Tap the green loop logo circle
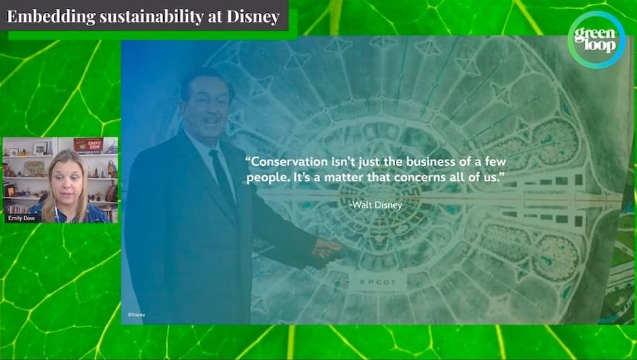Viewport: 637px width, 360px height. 595,40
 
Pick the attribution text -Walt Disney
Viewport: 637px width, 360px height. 376,205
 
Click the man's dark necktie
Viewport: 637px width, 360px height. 223,179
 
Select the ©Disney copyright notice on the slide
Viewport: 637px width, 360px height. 136,315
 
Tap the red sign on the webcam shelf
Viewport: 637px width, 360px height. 88,144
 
